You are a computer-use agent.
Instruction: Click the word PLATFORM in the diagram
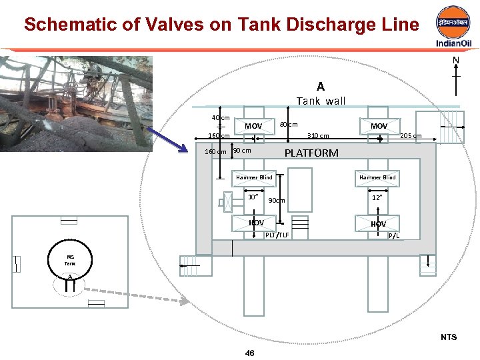311,153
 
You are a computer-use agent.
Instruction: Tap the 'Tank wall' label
321,101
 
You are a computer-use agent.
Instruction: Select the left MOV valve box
253,126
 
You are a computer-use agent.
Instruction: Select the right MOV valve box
379,126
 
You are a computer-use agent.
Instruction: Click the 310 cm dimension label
317,136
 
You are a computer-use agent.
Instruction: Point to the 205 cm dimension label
411,136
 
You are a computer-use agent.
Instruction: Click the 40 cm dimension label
221,118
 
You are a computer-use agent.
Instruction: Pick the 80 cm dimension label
289,125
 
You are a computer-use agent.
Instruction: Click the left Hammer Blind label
254,177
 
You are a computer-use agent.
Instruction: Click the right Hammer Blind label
377,177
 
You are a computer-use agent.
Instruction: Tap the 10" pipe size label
253,197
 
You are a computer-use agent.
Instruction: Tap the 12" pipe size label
377,197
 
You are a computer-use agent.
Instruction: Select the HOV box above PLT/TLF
256,223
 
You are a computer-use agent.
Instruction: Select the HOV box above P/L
378,224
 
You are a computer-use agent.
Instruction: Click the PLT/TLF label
277,235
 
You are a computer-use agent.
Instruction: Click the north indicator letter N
456,61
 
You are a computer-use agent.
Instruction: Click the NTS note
449,337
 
